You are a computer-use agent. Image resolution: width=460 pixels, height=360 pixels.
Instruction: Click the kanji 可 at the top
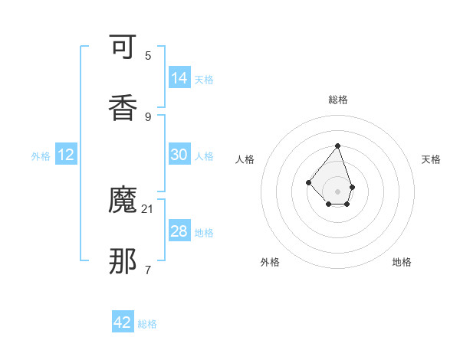[124, 50]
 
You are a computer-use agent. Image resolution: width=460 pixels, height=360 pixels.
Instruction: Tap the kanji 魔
[124, 201]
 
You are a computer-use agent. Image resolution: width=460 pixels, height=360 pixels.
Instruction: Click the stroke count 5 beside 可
[148, 55]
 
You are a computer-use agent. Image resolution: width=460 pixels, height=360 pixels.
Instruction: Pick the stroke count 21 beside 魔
[148, 208]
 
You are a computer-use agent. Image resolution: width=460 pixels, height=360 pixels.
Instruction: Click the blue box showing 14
[179, 77]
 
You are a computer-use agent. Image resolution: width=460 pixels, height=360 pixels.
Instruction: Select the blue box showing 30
[179, 155]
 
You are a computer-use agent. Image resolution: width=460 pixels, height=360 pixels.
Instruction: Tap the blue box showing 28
[179, 231]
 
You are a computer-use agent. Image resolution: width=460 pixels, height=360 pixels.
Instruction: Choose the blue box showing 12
[66, 155]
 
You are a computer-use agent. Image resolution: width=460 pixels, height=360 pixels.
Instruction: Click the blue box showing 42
[123, 322]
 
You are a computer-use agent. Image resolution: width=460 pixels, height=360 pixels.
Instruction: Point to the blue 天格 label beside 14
[204, 79]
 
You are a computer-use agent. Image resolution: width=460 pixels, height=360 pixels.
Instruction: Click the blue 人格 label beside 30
[204, 155]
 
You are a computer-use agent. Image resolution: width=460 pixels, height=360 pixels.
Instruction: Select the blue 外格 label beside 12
[41, 155]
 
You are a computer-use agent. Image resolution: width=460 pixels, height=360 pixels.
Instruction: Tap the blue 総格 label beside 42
[147, 324]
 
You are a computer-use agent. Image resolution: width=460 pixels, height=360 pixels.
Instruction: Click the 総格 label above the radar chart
[338, 100]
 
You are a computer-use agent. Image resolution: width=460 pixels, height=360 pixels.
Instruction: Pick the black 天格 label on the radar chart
[432, 159]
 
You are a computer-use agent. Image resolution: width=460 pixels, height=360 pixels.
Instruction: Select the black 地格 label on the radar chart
[402, 262]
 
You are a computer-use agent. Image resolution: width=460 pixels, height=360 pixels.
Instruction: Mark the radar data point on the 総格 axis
[337, 146]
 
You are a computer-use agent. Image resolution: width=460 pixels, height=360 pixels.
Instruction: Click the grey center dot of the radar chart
[337, 191]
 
